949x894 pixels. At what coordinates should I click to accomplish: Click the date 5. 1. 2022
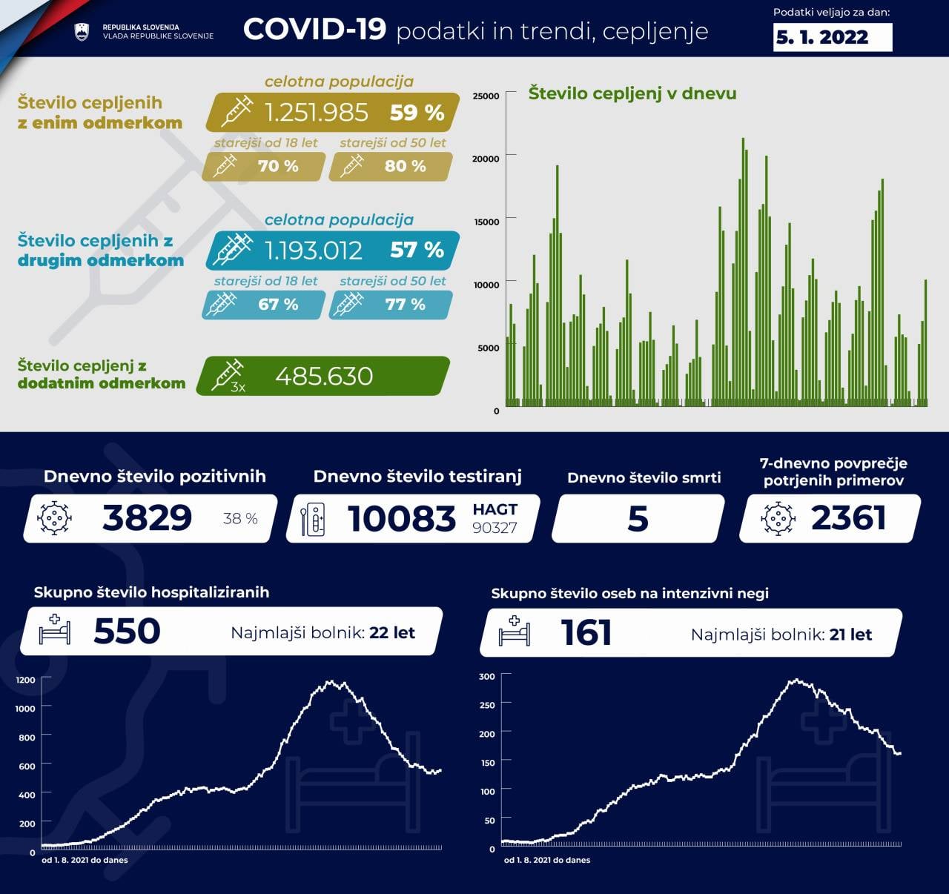pos(821,37)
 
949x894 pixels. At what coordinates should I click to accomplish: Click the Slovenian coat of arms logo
pos(82,31)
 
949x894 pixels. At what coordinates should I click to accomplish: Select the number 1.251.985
pos(317,112)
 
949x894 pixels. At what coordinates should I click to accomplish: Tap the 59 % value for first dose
pos(417,112)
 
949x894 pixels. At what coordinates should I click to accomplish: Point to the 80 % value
pos(405,166)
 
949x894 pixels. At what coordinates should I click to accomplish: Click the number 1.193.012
pos(314,251)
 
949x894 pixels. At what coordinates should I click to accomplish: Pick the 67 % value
pos(278,304)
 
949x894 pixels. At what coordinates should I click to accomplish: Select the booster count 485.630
pos(324,376)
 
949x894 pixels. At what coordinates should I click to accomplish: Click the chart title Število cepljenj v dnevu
pos(632,93)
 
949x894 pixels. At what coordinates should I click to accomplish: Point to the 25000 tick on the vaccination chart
pos(486,96)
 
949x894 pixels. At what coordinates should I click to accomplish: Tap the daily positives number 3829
pos(148,517)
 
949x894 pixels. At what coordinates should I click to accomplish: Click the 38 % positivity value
pos(240,518)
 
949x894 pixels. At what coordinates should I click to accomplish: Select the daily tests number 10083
pos(402,518)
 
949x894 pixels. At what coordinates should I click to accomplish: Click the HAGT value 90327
pos(495,527)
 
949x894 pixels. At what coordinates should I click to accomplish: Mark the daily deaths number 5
pos(638,518)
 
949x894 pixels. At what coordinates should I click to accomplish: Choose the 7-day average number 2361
pos(848,517)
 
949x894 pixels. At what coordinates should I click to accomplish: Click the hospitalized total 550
pos(127,631)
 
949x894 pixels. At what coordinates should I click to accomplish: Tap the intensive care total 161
pos(586,632)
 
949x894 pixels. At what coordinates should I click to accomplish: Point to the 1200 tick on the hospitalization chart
pos(25,680)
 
